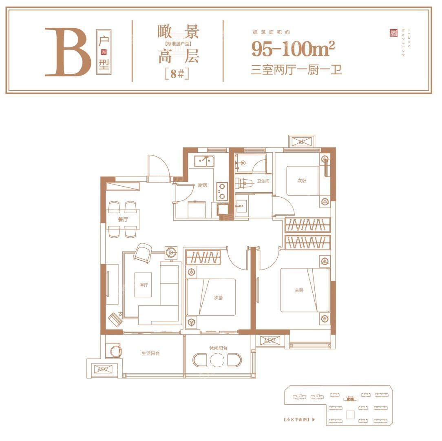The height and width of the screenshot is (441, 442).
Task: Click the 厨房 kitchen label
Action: point(203,185)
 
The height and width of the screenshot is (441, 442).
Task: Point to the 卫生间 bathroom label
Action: point(263,181)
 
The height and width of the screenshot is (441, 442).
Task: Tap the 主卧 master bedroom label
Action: point(299,290)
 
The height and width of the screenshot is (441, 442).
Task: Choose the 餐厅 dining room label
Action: point(123,219)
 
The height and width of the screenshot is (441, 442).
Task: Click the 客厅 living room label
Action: point(144,285)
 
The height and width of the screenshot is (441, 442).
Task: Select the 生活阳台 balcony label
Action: point(150,353)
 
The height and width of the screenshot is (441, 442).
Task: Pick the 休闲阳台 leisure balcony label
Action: point(218,348)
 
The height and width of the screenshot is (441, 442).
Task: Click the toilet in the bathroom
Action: point(243,183)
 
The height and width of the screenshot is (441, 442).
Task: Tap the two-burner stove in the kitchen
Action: point(222,190)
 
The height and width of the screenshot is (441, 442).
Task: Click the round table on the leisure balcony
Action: point(217,360)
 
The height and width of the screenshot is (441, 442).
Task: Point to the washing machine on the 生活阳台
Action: point(114,351)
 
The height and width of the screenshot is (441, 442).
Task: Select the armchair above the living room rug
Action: point(142,252)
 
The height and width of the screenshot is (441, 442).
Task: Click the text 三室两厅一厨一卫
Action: point(296,70)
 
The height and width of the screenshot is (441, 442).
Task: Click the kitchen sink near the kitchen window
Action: point(206,161)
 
